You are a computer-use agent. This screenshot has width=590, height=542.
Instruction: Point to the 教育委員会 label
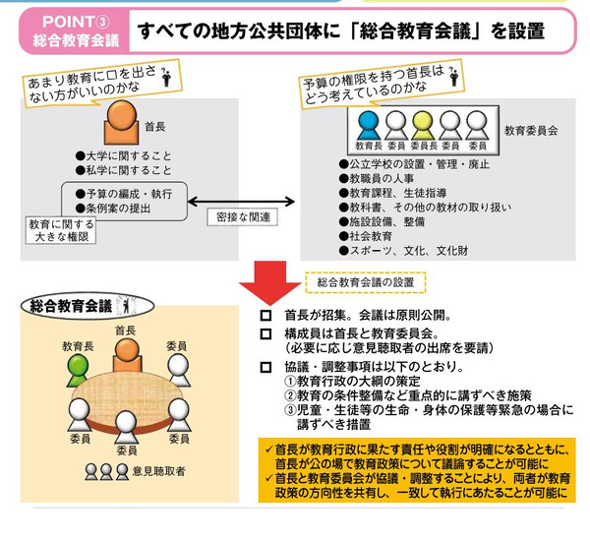click(x=530, y=129)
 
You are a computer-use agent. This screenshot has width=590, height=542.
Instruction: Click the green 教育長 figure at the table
click(x=78, y=369)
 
